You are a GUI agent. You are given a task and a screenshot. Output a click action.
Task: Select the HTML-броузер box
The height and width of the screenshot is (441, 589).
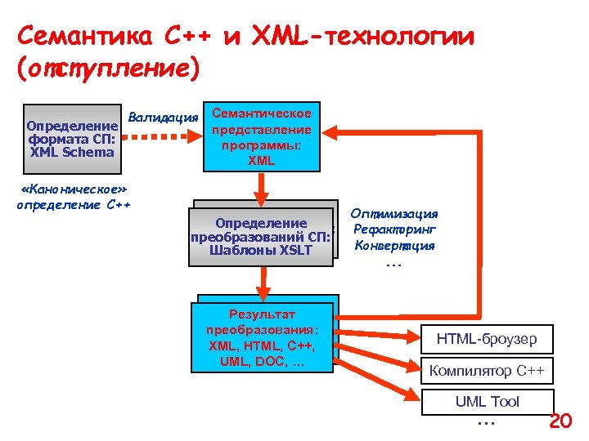pos(487,338)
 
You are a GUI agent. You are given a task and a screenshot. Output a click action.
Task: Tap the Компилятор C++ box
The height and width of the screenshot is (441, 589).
pos(487,372)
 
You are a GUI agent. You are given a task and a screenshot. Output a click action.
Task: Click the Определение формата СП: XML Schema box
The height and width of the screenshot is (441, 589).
pos(72,137)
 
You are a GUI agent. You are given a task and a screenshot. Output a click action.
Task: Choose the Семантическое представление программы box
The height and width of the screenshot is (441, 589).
pos(261,137)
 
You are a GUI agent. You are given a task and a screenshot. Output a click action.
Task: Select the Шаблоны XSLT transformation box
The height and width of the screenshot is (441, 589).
pos(261,236)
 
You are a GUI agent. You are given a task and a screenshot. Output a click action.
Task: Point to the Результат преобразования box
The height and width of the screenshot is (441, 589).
pos(262,337)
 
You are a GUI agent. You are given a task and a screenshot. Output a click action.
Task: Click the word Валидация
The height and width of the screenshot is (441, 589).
pos(164,117)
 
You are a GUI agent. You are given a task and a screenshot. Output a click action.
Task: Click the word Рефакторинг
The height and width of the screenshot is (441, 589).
pos(396,229)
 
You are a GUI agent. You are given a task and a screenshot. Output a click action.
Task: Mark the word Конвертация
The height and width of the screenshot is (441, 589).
pos(394,245)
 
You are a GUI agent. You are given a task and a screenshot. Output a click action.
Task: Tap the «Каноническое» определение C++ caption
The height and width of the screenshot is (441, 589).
pos(74,197)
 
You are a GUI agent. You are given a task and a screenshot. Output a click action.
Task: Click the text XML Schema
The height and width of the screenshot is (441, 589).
pos(72,151)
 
